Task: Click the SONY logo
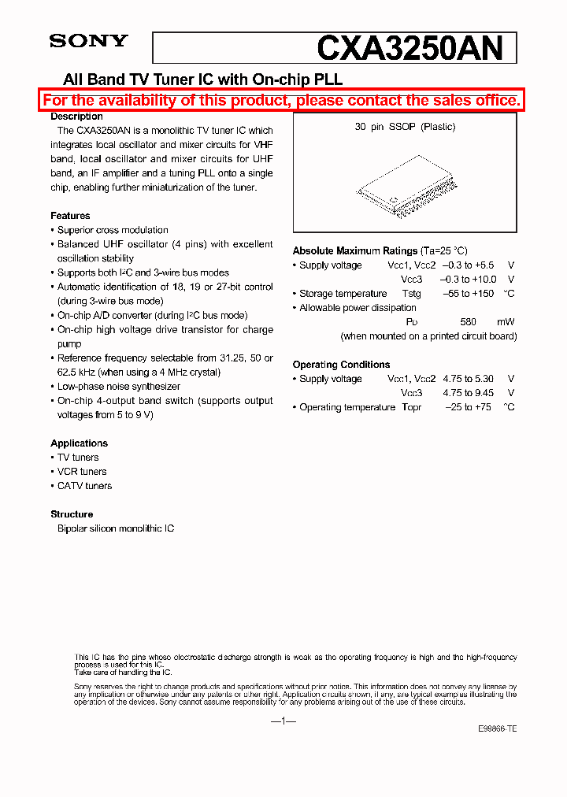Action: coord(88,41)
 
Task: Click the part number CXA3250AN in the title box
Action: coord(409,48)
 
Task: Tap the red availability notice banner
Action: coord(282,100)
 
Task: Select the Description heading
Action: coord(77,117)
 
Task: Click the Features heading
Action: coord(70,216)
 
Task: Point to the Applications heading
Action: coord(79,443)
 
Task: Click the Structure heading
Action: coord(72,514)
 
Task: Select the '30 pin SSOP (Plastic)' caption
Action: coord(405,127)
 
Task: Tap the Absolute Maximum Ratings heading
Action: coord(355,251)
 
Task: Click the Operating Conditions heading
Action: coord(341,365)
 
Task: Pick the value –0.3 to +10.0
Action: coord(469,280)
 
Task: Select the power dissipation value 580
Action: coord(468,322)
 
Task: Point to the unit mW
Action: coord(505,322)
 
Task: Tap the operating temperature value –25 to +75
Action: coord(468,407)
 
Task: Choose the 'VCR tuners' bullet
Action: coord(82,472)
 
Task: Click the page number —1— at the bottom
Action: coord(282,722)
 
